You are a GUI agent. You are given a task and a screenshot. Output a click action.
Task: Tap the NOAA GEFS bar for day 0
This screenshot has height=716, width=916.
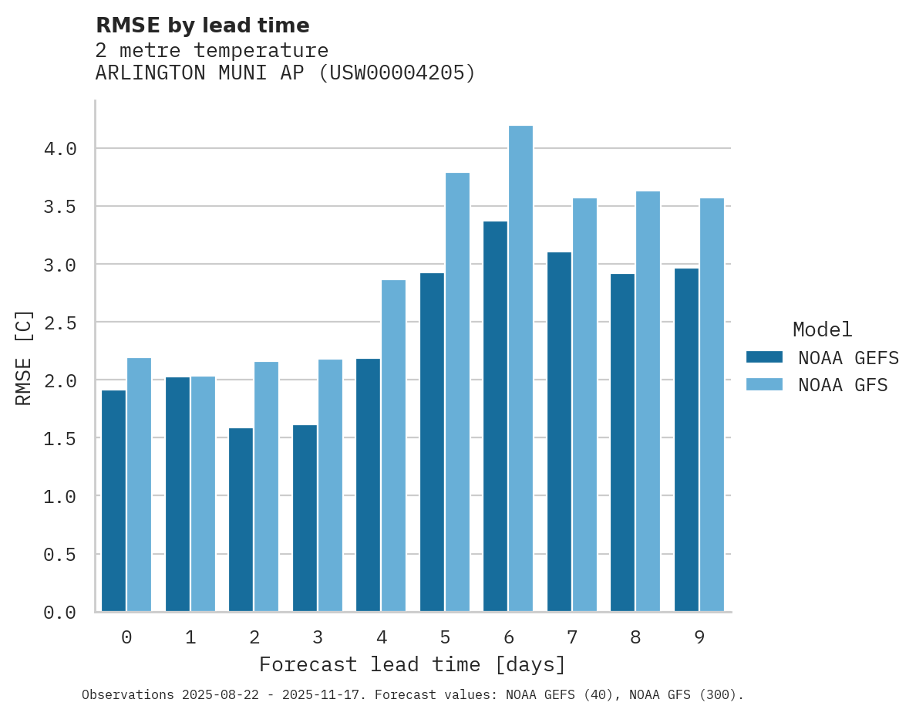tap(113, 501)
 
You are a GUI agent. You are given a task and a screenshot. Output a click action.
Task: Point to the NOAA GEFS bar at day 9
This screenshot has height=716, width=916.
tap(686, 440)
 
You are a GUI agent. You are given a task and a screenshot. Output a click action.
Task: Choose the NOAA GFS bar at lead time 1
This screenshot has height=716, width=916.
tap(203, 494)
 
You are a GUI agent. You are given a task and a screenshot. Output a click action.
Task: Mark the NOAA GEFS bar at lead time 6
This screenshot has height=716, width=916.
tap(495, 417)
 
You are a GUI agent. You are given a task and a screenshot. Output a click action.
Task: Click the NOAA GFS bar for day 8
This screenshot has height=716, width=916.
tap(648, 401)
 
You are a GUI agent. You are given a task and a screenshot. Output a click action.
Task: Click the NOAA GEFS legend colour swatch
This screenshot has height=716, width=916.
tap(764, 357)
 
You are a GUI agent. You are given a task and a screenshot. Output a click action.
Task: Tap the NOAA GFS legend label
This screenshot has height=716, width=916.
tap(843, 385)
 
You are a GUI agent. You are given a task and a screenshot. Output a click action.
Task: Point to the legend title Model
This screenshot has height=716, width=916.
tap(822, 329)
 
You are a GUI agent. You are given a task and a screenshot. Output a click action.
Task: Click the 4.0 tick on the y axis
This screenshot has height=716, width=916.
tap(60, 149)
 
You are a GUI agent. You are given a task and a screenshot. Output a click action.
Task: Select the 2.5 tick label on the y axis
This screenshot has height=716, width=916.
tap(60, 323)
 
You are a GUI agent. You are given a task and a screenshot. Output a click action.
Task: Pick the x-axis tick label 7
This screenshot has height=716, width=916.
tap(571, 637)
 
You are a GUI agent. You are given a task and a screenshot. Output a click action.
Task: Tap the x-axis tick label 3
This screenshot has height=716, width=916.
tap(317, 637)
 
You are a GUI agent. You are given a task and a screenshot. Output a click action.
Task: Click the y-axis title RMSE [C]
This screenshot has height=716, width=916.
tap(24, 357)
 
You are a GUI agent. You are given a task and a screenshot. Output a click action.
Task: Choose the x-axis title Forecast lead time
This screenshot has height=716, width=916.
tap(413, 664)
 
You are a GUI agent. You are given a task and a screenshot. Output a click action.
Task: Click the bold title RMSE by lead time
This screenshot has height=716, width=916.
tap(202, 25)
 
